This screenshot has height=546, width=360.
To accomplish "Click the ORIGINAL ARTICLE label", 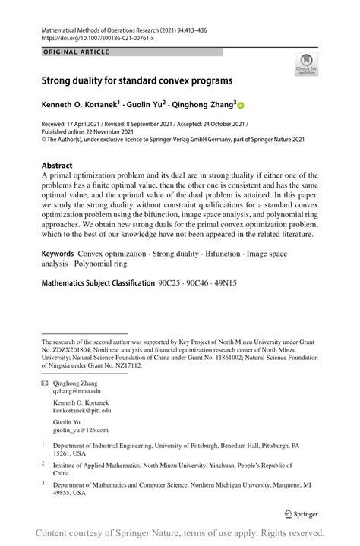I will tap(76, 52).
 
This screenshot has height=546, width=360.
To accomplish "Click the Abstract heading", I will tap(57, 165).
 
